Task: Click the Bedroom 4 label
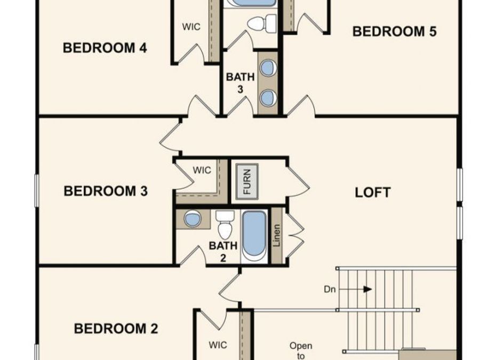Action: tap(105, 48)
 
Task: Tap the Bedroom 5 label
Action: tap(394, 31)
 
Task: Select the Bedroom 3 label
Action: tap(106, 190)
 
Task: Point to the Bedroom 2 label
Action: tap(116, 329)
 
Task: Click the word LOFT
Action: tap(373, 192)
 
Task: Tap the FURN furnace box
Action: tap(247, 181)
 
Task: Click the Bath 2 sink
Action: tap(193, 219)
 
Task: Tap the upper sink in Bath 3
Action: tap(268, 67)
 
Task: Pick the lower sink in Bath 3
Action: tap(268, 97)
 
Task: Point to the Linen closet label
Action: tap(277, 236)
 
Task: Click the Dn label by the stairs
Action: tap(330, 290)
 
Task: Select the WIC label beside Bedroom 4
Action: tap(191, 26)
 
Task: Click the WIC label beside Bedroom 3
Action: tap(202, 171)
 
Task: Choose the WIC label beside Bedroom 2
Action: tap(218, 345)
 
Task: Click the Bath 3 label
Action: tap(240, 83)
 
